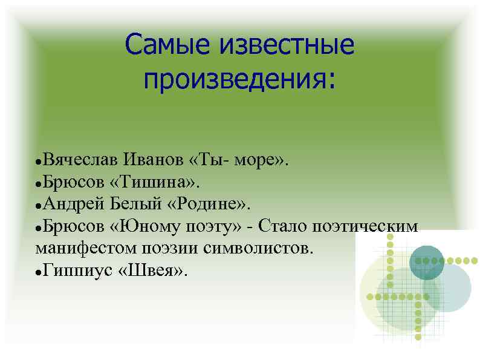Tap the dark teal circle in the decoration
tap(427, 262)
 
